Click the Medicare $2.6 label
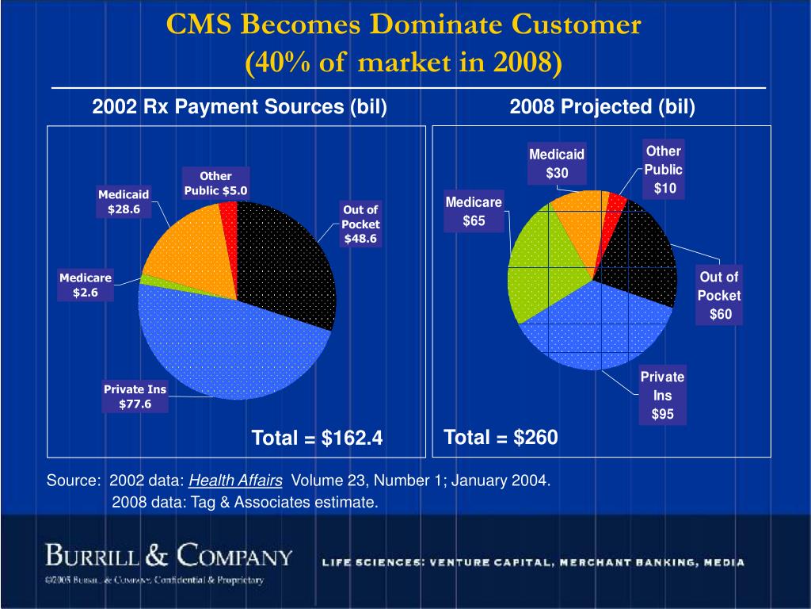(86, 285)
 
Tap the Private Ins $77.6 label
(135, 397)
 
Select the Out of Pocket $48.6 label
(360, 224)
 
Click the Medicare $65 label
(474, 212)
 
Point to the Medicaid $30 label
(556, 163)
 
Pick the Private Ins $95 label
(662, 395)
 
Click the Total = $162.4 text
(317, 438)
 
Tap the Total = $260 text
(501, 437)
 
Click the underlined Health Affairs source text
(236, 481)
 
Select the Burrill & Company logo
(169, 554)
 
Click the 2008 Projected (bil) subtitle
(602, 107)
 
